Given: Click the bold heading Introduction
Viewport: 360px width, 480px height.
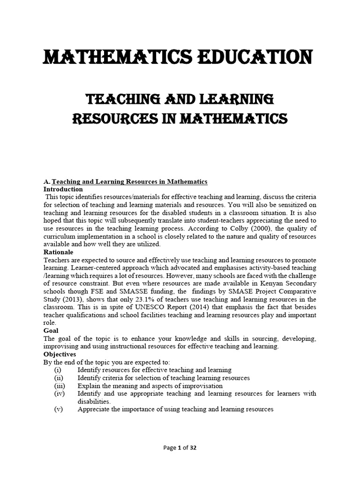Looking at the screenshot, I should pyautogui.click(x=63, y=189).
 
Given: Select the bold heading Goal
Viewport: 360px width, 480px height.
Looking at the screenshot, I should pyautogui.click(x=51, y=330).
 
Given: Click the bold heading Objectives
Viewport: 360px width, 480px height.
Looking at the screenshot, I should pyautogui.click(x=60, y=354).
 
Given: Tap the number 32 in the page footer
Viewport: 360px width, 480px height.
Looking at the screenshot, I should pyautogui.click(x=193, y=448).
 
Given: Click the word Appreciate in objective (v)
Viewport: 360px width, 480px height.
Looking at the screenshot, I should pyautogui.click(x=94, y=409).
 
